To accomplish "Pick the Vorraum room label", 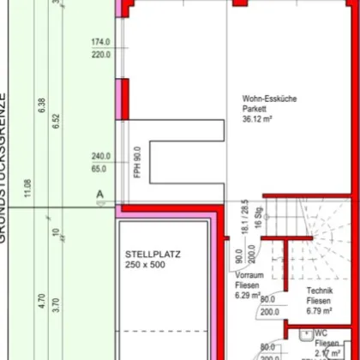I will [249, 276].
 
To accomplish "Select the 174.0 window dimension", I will [101, 42].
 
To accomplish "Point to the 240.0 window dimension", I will [101, 157].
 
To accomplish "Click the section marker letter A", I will [99, 194].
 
